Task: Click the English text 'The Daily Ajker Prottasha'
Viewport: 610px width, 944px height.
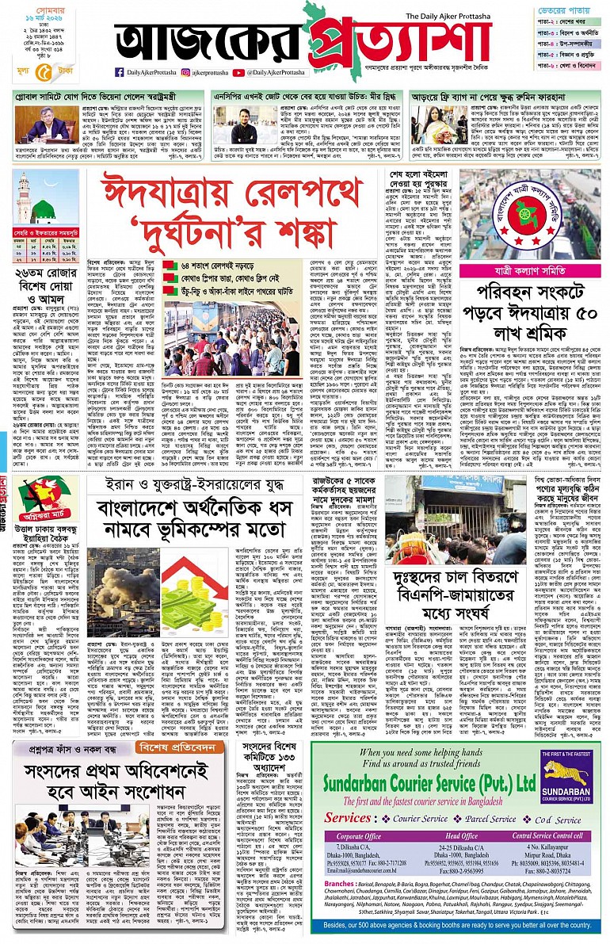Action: pyautogui.click(x=456, y=16)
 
